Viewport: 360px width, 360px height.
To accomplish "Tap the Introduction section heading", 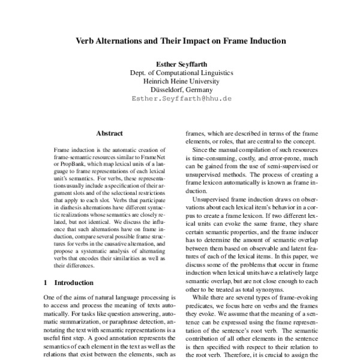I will [x=74, y=282].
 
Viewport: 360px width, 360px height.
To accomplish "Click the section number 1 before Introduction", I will [x=47, y=282].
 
